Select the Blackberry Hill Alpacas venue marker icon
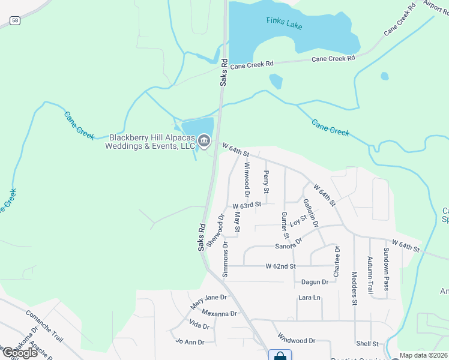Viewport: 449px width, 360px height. point(204,142)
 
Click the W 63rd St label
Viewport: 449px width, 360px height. point(247,205)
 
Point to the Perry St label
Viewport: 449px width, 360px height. point(266,182)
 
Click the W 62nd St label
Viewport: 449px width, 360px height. point(281,266)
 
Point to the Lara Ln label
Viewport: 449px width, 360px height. point(309,298)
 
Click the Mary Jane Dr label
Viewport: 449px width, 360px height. point(208,301)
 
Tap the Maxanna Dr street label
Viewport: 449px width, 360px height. point(219,313)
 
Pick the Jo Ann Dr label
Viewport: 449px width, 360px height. point(190,342)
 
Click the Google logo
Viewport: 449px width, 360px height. point(20,352)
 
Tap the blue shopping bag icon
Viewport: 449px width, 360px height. point(280,356)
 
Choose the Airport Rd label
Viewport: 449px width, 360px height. point(436,7)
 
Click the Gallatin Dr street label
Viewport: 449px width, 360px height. point(311,213)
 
